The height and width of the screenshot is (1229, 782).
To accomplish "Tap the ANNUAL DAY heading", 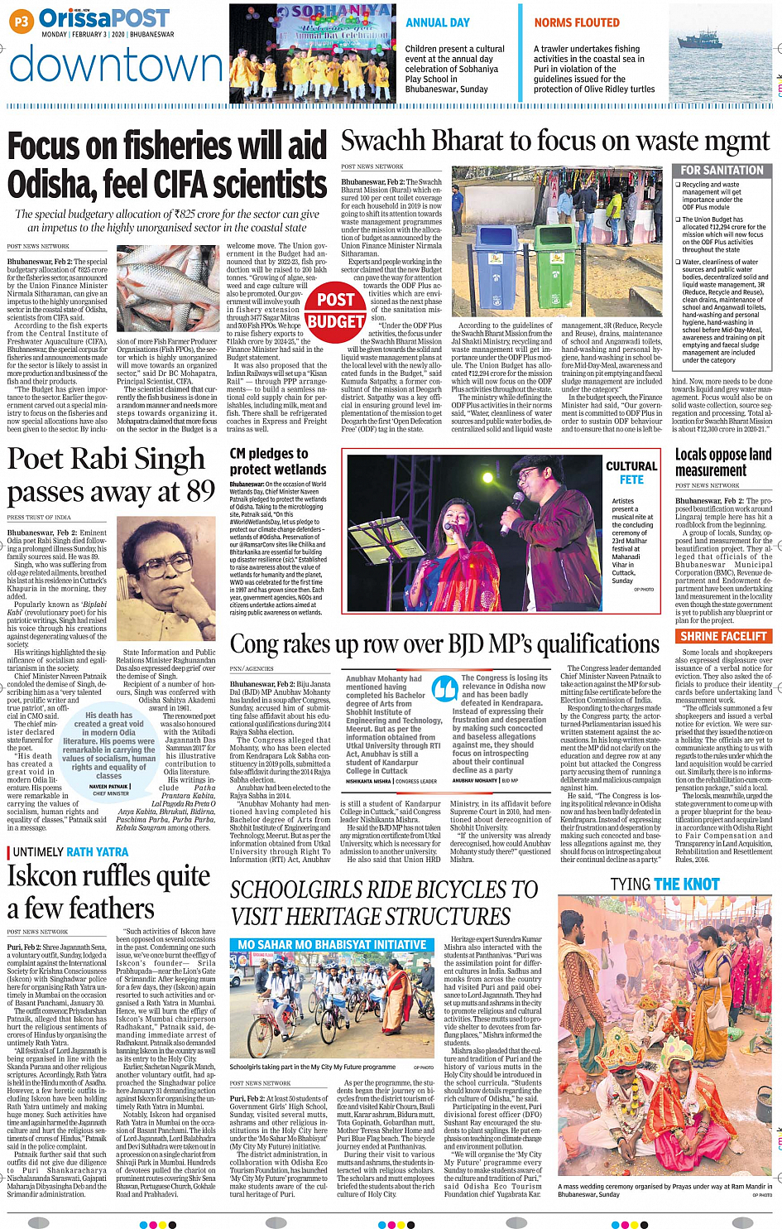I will pos(437,23).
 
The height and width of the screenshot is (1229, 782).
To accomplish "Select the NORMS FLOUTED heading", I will pos(577,23).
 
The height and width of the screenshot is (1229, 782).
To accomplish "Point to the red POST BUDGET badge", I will pos(335,311).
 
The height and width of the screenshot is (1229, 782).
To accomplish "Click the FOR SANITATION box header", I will pos(722,171).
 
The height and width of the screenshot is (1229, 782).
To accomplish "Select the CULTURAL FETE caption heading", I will pos(631,473).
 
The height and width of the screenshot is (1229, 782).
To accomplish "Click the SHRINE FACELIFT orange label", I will pos(723,636).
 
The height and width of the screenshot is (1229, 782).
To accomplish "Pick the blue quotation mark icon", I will pos(445,688).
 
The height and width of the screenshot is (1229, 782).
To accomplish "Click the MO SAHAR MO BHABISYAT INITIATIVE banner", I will pos(332,945).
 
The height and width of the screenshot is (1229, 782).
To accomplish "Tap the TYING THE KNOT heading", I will pos(664,884).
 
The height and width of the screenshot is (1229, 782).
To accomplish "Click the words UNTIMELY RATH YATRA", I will pos(71,852).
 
